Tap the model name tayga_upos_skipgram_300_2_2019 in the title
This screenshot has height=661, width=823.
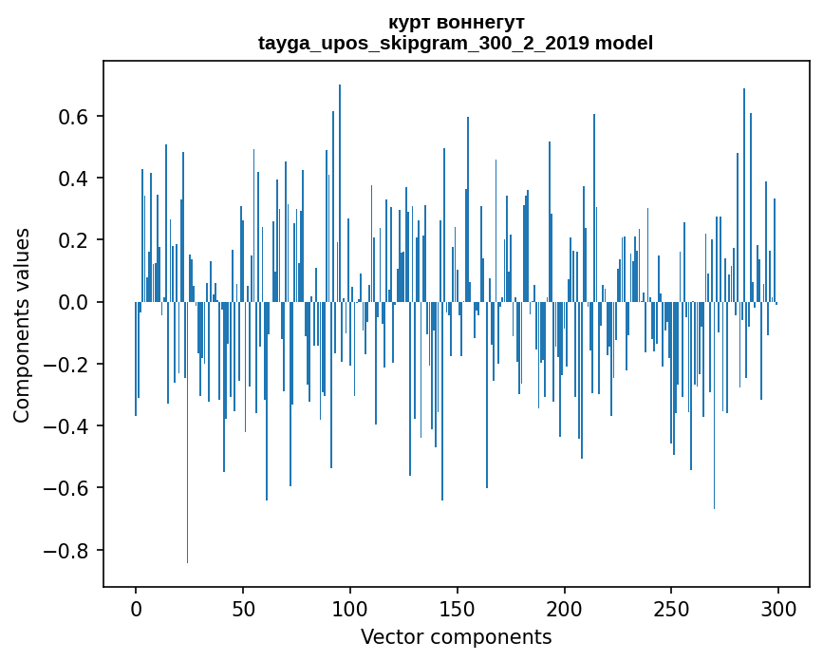click(x=424, y=44)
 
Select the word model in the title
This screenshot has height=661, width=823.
click(x=624, y=44)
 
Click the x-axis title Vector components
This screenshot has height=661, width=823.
click(x=456, y=637)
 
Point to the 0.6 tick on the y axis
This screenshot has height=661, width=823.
click(x=73, y=117)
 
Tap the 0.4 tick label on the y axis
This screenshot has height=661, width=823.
click(x=73, y=179)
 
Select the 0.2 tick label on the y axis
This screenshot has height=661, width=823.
click(x=73, y=240)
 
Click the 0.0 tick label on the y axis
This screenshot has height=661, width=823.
click(x=73, y=303)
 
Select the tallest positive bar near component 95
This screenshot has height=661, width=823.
click(x=340, y=190)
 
